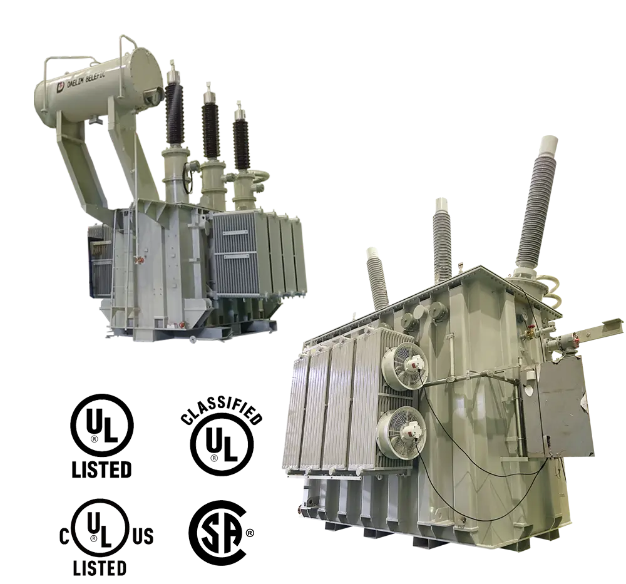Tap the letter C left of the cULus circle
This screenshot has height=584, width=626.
[x=64, y=536]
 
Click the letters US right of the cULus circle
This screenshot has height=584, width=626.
[x=143, y=536]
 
